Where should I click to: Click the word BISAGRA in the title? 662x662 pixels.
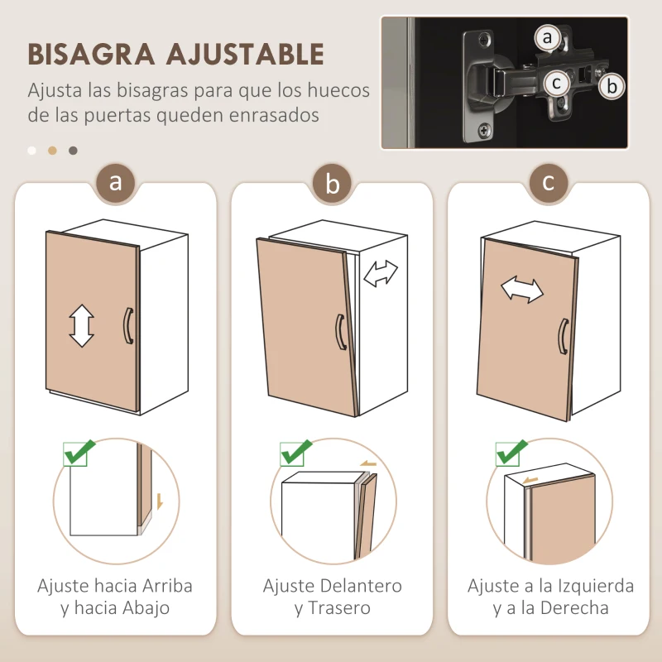[90, 55]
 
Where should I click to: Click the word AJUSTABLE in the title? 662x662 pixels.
[244, 55]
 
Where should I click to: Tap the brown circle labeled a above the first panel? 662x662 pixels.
[116, 182]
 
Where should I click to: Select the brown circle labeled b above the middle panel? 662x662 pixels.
[333, 184]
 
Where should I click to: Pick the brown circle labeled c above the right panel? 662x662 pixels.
[549, 182]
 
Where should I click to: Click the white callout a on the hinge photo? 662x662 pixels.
[546, 37]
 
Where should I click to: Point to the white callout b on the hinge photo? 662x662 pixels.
[612, 85]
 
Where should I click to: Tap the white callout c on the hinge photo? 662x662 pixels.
[557, 83]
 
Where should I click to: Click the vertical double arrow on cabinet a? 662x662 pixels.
[81, 325]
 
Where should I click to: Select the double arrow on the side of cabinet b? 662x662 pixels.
[381, 273]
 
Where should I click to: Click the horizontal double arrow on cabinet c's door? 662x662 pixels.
[522, 290]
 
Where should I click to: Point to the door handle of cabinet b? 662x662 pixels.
[339, 332]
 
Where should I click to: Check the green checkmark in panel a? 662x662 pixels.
[79, 453]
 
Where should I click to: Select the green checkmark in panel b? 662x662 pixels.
[295, 453]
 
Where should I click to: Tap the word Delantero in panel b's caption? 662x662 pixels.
[362, 586]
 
